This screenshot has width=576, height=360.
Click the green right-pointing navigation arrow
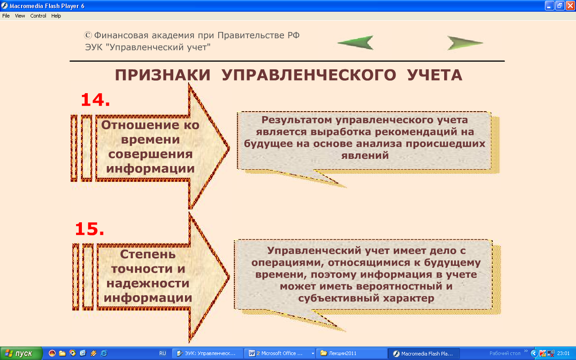[464, 43]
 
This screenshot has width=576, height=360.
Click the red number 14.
[95, 100]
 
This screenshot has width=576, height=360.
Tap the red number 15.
[90, 229]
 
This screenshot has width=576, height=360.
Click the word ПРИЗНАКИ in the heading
[162, 75]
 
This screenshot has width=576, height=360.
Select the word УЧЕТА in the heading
[435, 75]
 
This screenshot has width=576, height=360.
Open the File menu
[6, 16]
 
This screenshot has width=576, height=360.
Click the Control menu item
[38, 16]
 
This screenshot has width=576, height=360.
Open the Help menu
[56, 16]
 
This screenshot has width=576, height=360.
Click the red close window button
[570, 6]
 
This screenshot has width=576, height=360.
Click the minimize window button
[549, 6]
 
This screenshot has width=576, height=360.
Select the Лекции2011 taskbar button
[351, 353]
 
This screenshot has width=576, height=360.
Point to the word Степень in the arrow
[148, 254]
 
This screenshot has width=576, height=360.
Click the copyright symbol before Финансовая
[88, 35]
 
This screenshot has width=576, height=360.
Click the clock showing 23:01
[563, 353]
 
